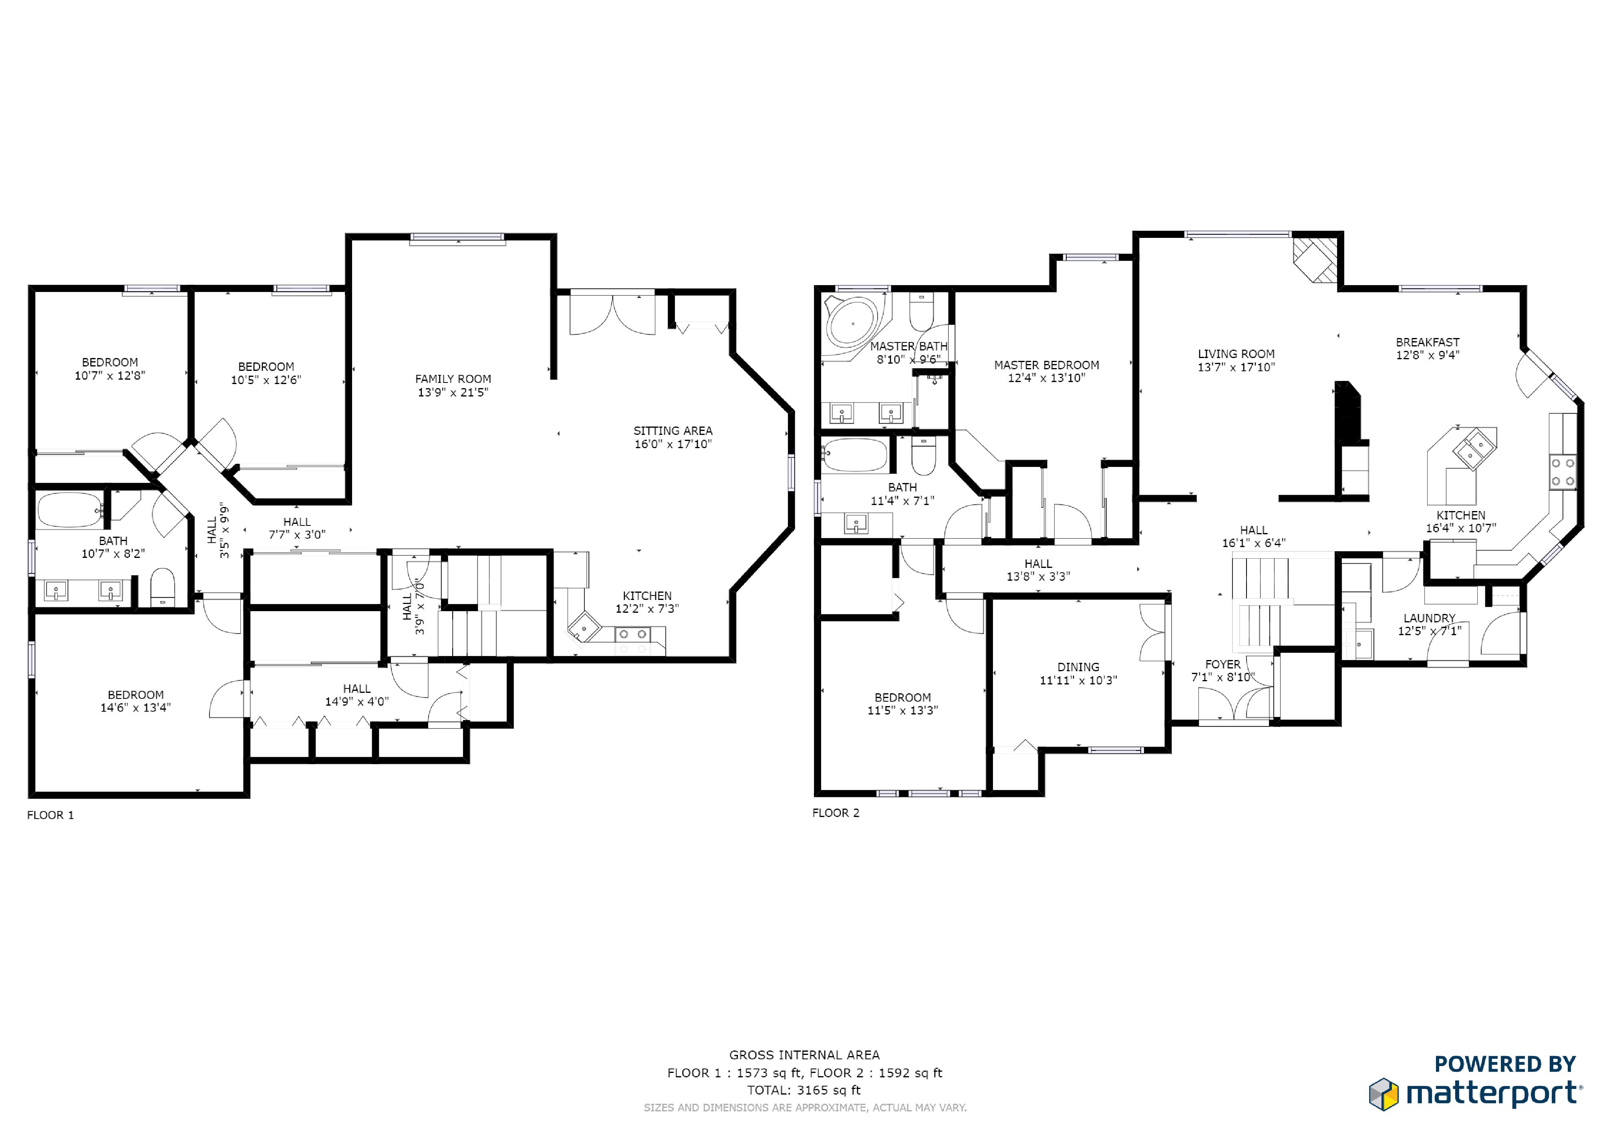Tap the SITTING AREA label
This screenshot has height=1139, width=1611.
[x=673, y=431]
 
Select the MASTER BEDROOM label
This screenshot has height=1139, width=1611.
[x=1046, y=365]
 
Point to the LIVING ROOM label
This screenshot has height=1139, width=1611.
[x=1236, y=354]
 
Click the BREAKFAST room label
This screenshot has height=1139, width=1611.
[x=1427, y=342]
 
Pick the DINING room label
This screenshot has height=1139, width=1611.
[x=1078, y=667]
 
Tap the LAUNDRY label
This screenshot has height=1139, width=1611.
[x=1429, y=618]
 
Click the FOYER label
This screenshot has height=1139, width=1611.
[x=1223, y=664]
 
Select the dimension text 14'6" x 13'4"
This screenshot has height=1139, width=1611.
[x=135, y=708]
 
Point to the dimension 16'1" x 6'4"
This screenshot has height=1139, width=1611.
[x=1254, y=543]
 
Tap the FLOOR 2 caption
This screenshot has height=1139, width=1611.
[x=836, y=813]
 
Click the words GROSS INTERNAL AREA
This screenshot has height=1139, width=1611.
[x=804, y=1055]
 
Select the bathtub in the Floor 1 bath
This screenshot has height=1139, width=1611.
[x=70, y=510]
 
